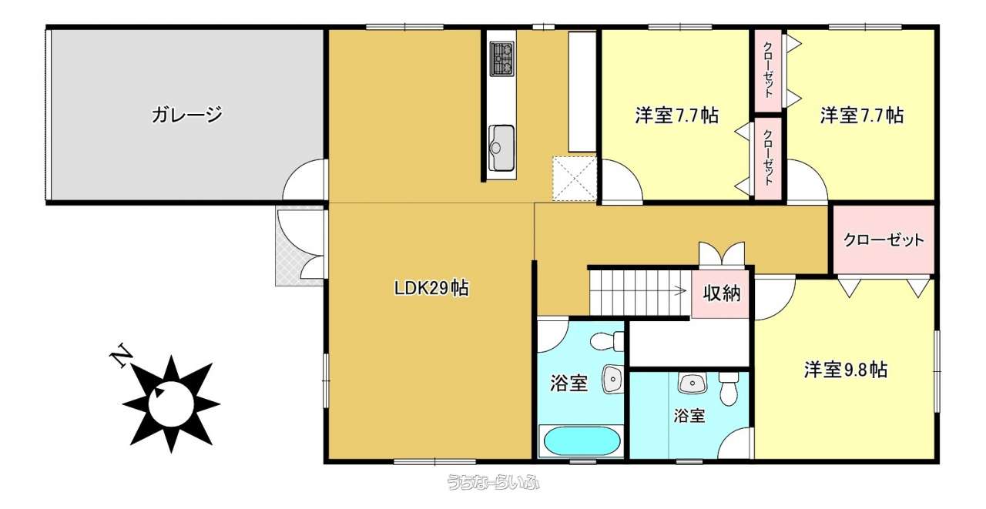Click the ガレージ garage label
(x=186, y=116)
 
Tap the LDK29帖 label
(x=431, y=289)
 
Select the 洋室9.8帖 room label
(x=846, y=370)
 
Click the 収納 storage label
(x=722, y=293)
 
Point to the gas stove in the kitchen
(x=501, y=59)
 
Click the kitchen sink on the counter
(x=501, y=147)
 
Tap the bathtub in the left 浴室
(x=582, y=441)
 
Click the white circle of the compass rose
(x=171, y=404)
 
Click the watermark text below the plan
(x=494, y=482)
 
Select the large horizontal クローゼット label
(x=884, y=239)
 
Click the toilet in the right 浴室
(x=728, y=388)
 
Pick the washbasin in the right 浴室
(x=693, y=383)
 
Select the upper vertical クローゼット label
(x=768, y=69)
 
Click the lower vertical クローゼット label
(x=768, y=156)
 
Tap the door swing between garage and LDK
(x=304, y=179)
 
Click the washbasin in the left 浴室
(x=612, y=379)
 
